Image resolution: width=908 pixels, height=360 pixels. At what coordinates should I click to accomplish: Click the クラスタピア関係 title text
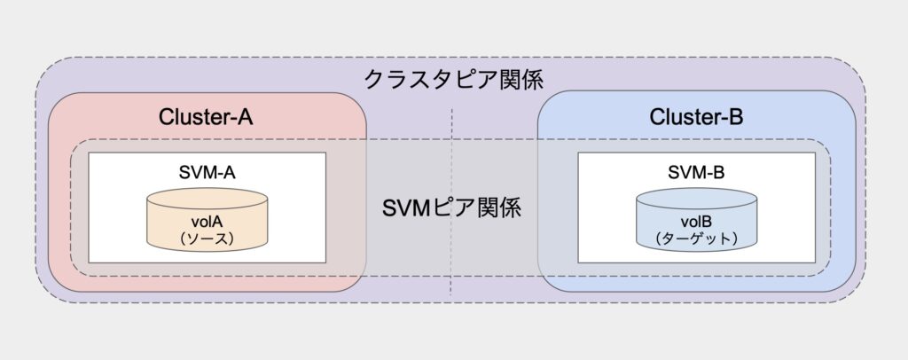453,79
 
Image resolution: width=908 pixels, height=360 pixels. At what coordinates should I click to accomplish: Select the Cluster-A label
206,118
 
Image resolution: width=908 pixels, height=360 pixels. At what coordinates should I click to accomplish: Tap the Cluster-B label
697,118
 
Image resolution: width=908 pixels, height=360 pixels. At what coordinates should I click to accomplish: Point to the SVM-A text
207,172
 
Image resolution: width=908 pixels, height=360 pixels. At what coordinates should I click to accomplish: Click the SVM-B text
697,172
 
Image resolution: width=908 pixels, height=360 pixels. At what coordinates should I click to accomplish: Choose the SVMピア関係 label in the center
451,207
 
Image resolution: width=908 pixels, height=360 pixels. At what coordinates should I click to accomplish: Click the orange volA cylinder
207,219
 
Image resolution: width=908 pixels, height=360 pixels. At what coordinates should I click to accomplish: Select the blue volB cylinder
697,219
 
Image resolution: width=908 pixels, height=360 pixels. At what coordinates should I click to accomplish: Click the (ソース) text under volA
207,239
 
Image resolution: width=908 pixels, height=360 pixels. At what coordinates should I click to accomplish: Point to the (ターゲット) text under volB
697,239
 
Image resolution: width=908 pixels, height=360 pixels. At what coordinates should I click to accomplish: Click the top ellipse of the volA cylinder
207,199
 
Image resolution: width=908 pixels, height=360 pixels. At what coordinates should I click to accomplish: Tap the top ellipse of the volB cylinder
697,199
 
